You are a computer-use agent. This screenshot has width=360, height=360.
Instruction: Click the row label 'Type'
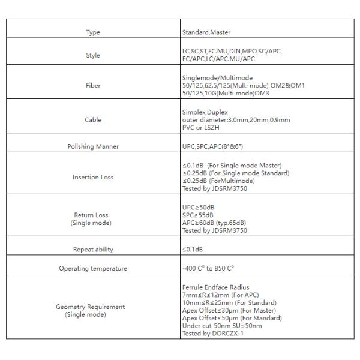[x=93, y=32]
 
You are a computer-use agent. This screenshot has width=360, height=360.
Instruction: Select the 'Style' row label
[x=93, y=55]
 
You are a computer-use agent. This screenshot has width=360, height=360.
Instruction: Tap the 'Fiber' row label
[x=93, y=85]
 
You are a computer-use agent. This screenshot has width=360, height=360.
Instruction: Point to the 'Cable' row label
[x=93, y=119]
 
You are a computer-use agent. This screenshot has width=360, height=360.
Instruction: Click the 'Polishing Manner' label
[x=93, y=146]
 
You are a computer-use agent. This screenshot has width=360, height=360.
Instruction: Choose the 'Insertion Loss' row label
[x=93, y=177]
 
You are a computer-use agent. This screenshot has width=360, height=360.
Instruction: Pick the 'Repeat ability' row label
[x=93, y=248]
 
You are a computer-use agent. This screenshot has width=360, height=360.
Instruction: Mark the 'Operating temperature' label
[x=93, y=268]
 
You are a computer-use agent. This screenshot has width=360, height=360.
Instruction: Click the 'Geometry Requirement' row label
[x=91, y=307]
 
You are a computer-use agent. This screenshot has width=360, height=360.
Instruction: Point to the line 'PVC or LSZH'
[x=201, y=127]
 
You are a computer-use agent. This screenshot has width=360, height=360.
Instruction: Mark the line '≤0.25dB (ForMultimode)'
[x=218, y=181]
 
